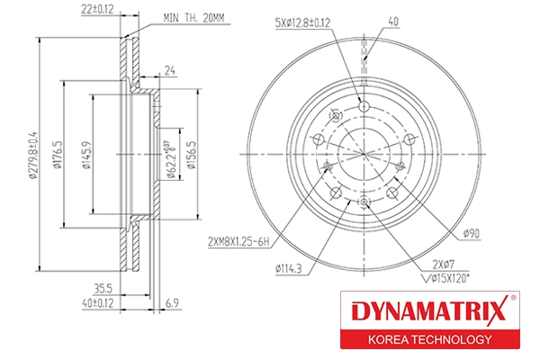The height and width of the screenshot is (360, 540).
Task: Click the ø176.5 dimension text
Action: click(x=56, y=155)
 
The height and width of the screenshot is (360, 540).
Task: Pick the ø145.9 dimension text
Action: click(x=85, y=155)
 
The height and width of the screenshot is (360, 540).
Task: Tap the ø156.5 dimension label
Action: click(x=190, y=155)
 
